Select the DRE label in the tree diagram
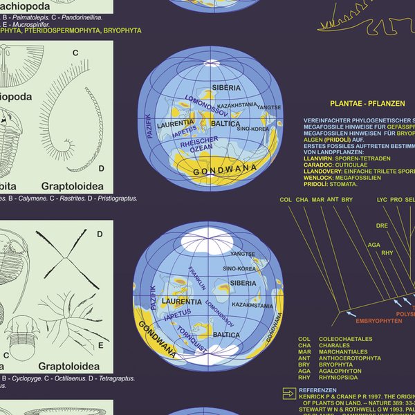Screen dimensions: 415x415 click(x=382, y=225)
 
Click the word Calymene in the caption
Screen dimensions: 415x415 click(x=30, y=199)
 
